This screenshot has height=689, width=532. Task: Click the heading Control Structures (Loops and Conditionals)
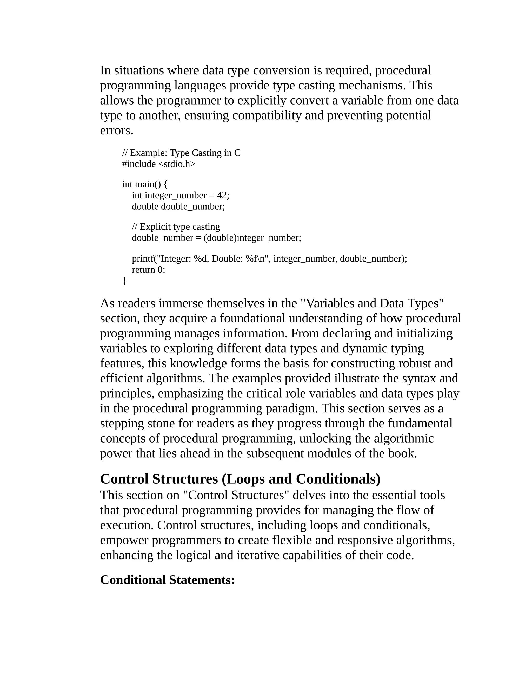pos(240,479)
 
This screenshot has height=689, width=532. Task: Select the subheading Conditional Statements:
pos(167,580)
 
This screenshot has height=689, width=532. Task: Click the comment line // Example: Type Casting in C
pos(181,153)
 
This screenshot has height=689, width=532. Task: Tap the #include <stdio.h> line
pos(158,164)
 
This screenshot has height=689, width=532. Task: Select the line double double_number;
pos(178,206)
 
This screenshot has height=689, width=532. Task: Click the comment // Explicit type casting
pos(176,226)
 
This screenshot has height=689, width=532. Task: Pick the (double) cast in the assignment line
pos(220,238)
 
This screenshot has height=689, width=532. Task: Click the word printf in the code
pos(142,259)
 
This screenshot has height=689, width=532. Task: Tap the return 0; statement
pos(148,270)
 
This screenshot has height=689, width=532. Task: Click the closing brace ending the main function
pos(124,281)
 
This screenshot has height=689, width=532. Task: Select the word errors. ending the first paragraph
pos(117,131)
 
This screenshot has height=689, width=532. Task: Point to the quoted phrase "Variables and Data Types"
pos(372,303)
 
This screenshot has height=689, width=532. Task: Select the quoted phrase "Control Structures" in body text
pos(236,495)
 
